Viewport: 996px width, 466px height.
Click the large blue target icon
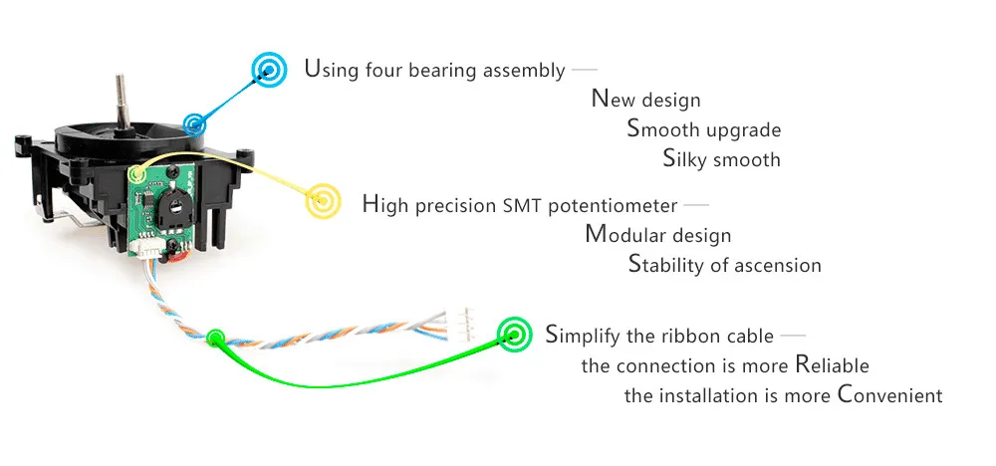click(x=267, y=69)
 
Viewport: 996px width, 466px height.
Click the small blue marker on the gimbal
click(x=195, y=125)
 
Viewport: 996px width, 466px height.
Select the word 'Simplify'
click(x=584, y=337)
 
